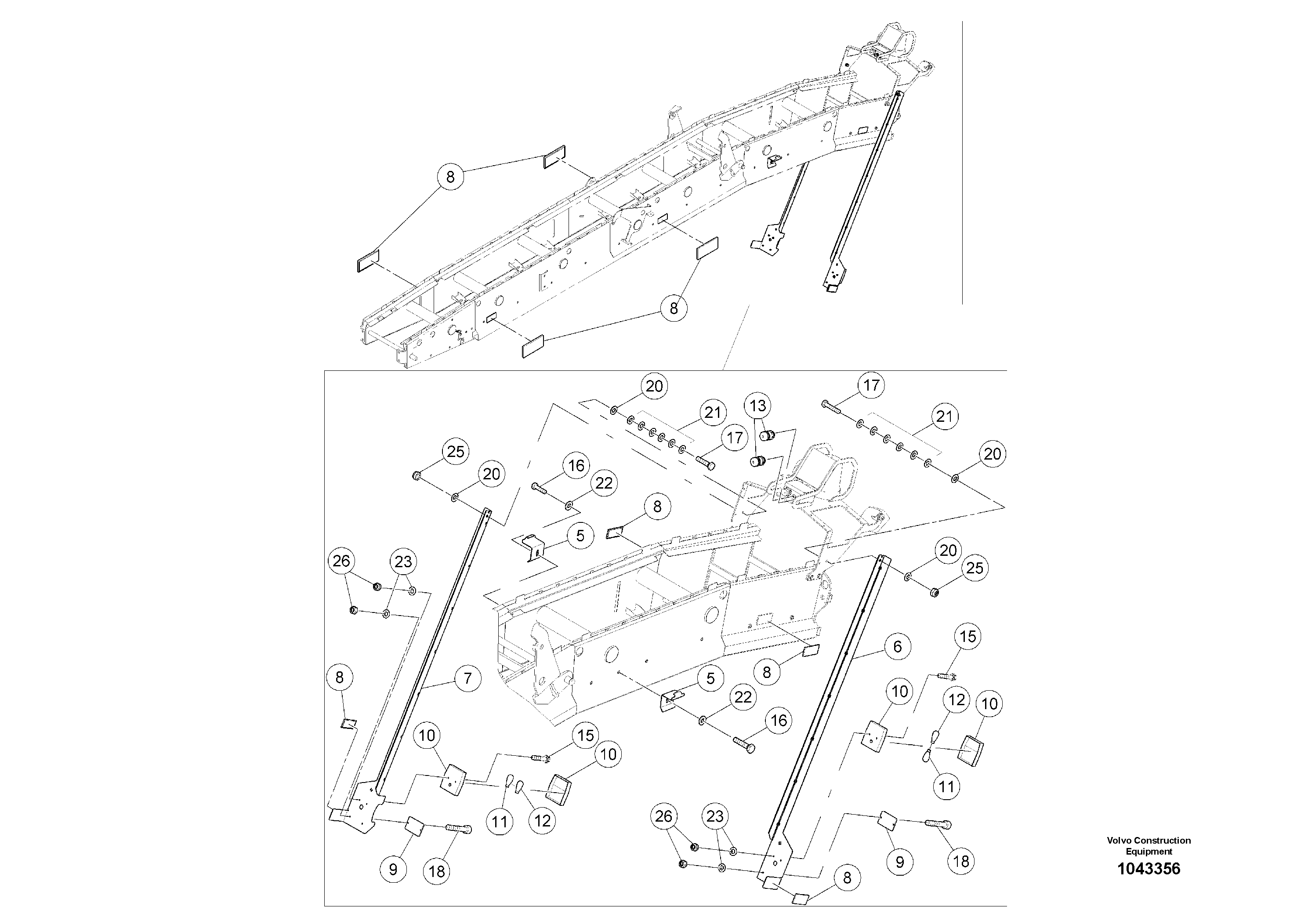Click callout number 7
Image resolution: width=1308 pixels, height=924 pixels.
(x=468, y=678)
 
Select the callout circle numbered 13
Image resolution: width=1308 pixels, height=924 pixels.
(x=757, y=406)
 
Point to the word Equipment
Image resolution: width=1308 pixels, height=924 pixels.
(x=1149, y=851)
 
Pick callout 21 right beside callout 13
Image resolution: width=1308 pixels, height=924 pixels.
(x=713, y=413)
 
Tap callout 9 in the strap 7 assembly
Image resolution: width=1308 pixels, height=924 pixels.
(x=393, y=870)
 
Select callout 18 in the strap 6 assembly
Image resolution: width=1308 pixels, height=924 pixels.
(x=961, y=861)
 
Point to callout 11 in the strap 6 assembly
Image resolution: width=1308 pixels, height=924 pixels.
(x=946, y=787)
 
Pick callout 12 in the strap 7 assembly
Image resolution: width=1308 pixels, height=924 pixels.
(x=542, y=820)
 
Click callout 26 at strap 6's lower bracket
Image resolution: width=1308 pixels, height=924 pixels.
(x=664, y=816)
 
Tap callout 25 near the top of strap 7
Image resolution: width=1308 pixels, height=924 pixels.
(x=456, y=452)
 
